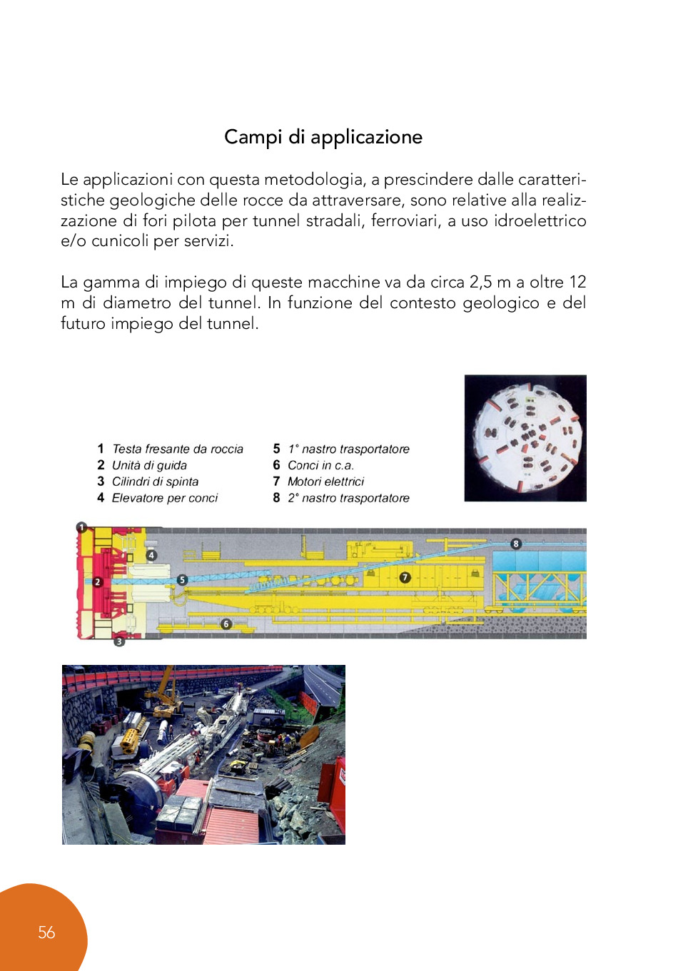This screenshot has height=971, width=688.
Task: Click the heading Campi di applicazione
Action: [x=323, y=137]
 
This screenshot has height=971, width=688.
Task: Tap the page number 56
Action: [x=46, y=932]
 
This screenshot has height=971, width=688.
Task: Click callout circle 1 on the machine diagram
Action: [x=82, y=528]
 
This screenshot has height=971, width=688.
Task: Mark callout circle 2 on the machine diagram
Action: [x=98, y=582]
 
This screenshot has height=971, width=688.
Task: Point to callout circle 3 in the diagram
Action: [x=119, y=641]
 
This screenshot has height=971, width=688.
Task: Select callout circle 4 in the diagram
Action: [x=151, y=554]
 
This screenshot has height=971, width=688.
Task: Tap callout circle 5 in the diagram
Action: [x=182, y=580]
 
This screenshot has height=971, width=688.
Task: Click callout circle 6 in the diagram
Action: [x=226, y=624]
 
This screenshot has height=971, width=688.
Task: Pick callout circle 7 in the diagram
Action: [x=405, y=577]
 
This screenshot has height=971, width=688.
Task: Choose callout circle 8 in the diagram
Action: [x=516, y=544]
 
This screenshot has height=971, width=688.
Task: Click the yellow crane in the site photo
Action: [x=166, y=692]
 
